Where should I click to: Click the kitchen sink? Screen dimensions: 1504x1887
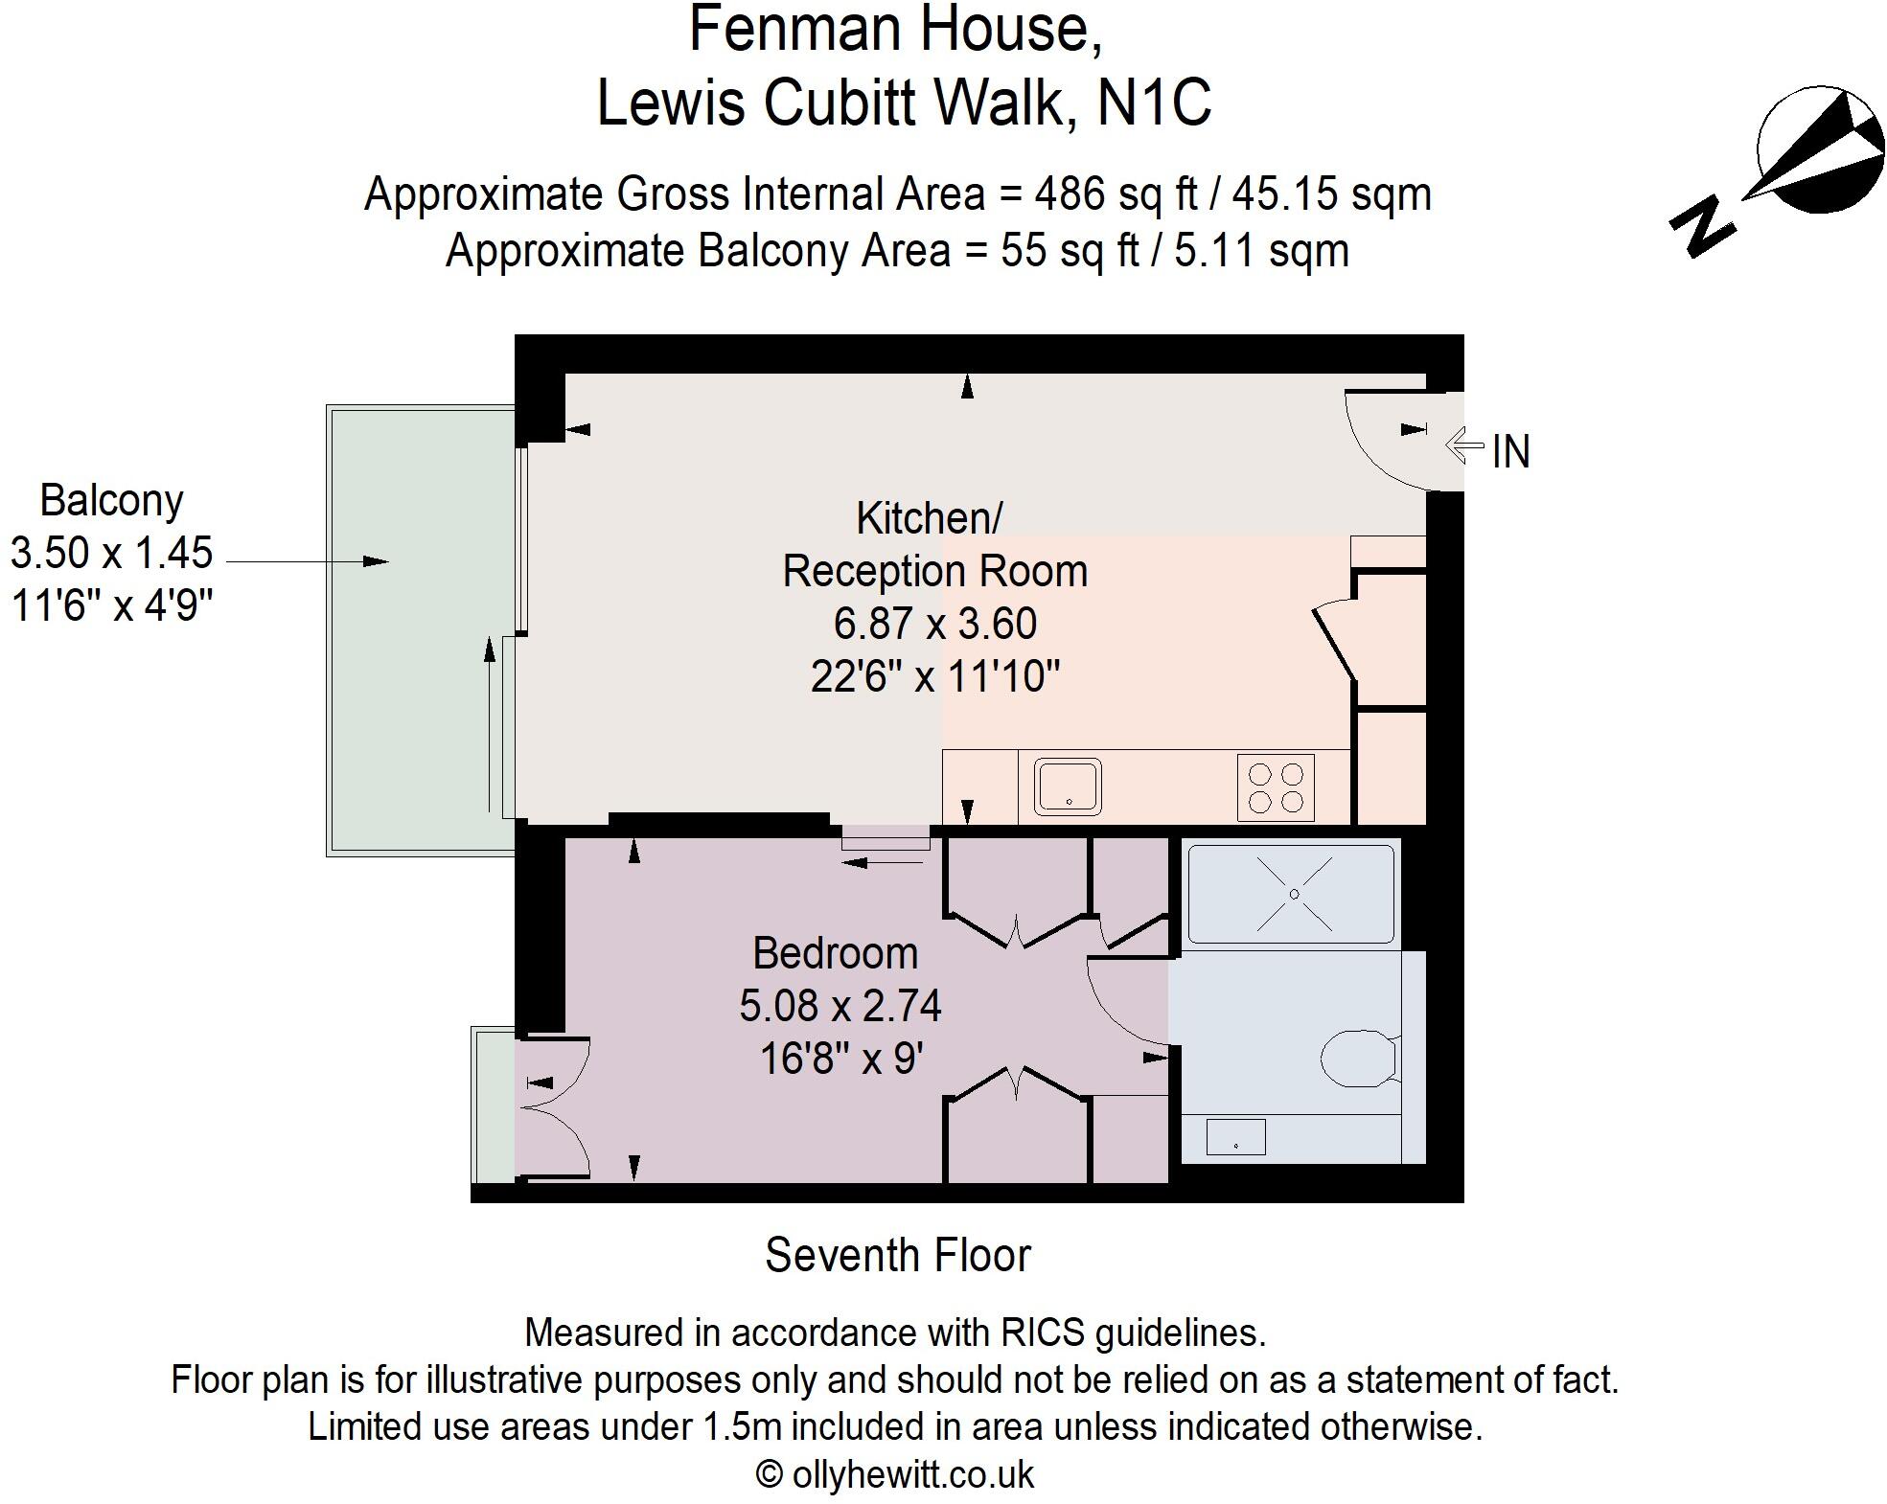tap(1067, 786)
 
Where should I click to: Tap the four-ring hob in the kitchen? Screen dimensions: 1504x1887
tap(1275, 787)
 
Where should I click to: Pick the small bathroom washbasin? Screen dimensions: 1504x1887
tap(1235, 1137)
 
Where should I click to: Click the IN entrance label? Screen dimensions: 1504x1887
tap(1510, 452)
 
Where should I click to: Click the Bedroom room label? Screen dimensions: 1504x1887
tap(835, 953)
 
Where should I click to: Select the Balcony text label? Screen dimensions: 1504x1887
tap(111, 500)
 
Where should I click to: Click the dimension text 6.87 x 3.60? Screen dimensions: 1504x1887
tap(934, 624)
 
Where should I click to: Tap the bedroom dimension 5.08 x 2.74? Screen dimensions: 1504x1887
tap(840, 1006)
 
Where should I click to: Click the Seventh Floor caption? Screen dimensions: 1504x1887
tap(897, 1255)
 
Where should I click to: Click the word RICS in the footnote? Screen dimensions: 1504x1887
tap(1042, 1333)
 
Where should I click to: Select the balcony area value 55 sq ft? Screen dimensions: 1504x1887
tap(1070, 251)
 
